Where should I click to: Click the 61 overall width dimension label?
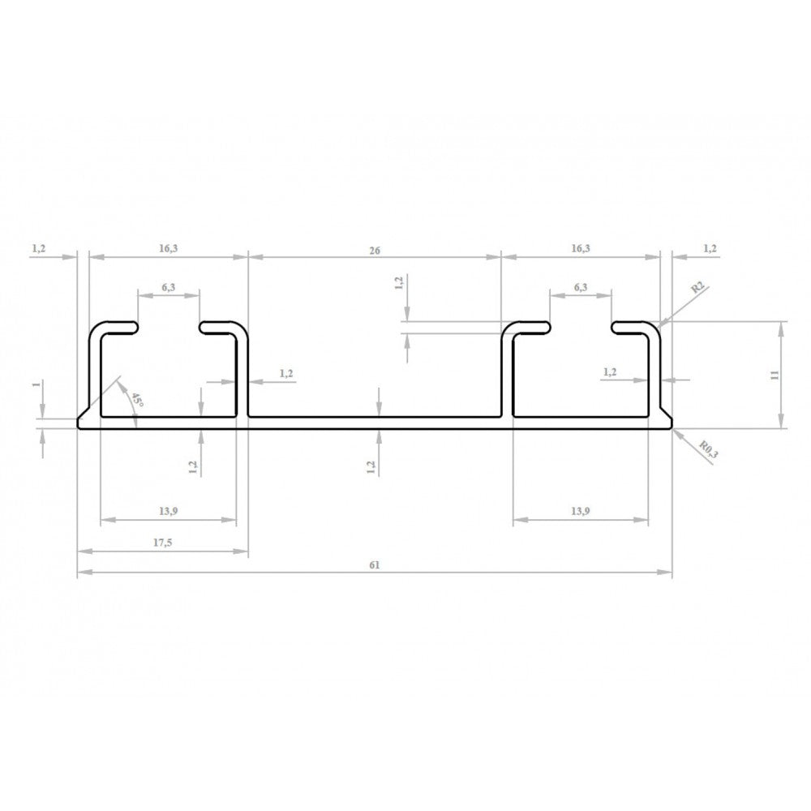(x=374, y=564)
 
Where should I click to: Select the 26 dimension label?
(x=374, y=251)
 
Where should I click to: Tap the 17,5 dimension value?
(x=161, y=543)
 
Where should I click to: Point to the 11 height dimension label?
(x=775, y=374)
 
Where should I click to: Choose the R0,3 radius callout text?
(x=708, y=450)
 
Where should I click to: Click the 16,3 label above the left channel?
(x=168, y=248)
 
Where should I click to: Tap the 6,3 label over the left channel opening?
(x=169, y=287)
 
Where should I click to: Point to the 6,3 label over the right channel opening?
(x=581, y=287)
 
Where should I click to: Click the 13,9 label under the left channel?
(x=168, y=511)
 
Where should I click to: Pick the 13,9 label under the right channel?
(x=581, y=511)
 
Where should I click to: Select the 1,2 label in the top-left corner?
(x=39, y=248)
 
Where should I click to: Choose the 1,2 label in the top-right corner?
(x=710, y=248)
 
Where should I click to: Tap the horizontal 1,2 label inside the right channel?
(x=611, y=371)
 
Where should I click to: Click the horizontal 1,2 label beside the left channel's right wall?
(x=286, y=373)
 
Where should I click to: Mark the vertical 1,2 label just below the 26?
(x=399, y=283)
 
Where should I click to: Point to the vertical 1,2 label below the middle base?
(x=371, y=466)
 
